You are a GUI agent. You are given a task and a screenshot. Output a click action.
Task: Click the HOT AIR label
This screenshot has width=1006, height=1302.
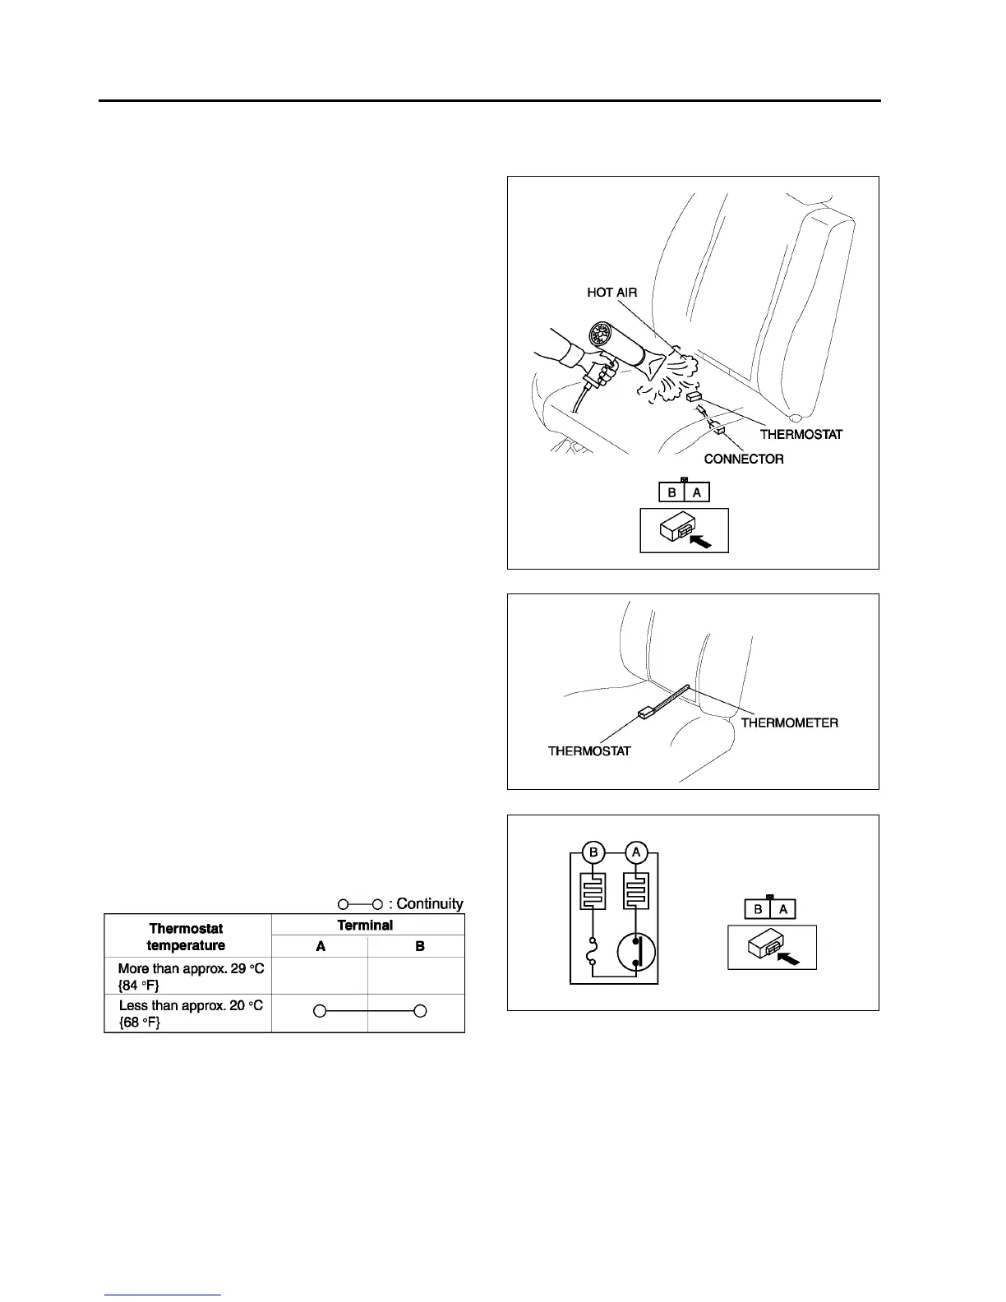click(x=611, y=293)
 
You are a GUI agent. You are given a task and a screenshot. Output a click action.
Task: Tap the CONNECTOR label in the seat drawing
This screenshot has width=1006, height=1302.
click(x=743, y=459)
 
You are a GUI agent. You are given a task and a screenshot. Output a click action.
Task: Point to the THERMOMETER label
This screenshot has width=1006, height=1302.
click(x=789, y=723)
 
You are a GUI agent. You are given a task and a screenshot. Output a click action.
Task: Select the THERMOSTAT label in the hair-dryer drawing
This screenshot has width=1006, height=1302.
click(x=801, y=434)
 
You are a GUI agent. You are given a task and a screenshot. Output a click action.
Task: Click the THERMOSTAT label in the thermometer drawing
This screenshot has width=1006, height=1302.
click(x=589, y=751)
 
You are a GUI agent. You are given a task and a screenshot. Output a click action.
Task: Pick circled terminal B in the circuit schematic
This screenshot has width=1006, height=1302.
click(x=593, y=852)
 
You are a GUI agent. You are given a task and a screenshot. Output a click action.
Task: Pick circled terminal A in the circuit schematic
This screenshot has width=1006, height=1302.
click(x=636, y=852)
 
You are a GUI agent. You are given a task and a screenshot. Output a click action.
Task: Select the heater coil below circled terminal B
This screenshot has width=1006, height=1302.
click(x=593, y=891)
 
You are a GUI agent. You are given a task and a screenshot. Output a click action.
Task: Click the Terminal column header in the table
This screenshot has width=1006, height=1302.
click(x=365, y=925)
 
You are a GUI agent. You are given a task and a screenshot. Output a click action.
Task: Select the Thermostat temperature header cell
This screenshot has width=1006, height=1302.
click(x=187, y=936)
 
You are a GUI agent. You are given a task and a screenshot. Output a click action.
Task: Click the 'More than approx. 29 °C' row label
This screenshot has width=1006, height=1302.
click(x=191, y=976)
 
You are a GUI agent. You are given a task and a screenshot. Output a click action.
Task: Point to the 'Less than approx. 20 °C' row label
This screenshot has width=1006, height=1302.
click(x=191, y=1013)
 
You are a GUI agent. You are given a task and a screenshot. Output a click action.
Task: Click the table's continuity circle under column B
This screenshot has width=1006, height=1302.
click(x=419, y=1011)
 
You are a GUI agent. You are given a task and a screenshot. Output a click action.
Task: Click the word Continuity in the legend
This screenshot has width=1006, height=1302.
click(x=429, y=903)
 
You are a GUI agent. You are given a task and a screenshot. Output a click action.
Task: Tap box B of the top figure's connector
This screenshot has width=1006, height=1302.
click(x=671, y=492)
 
